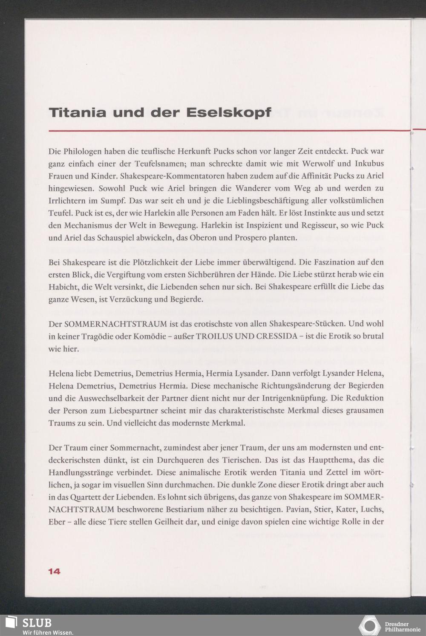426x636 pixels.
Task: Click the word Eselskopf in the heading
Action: pyautogui.click(x=229, y=113)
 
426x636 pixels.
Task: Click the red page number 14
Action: pyautogui.click(x=54, y=572)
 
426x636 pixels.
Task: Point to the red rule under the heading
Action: pyautogui.click(x=230, y=131)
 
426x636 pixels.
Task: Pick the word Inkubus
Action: pyautogui.click(x=369, y=164)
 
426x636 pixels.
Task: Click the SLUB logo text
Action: pyautogui.click(x=37, y=623)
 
